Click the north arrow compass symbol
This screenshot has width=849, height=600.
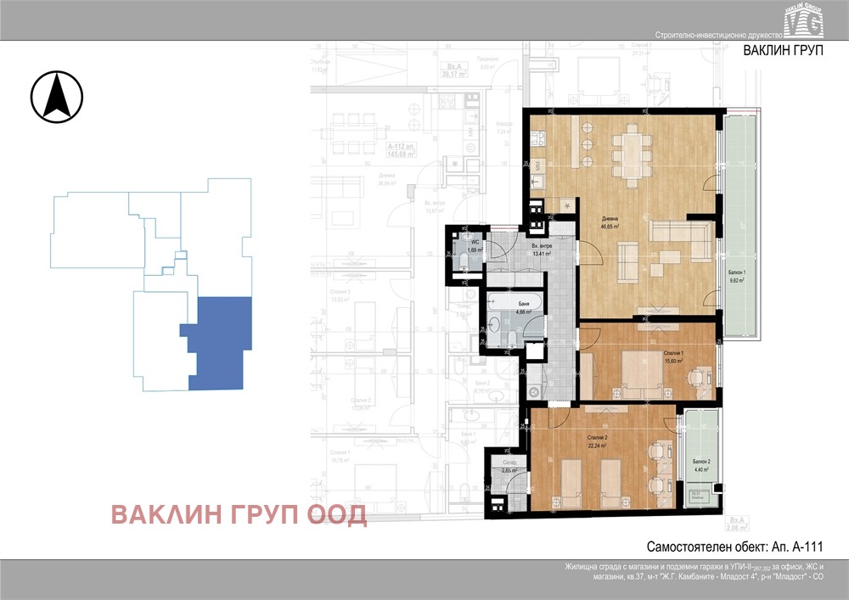coord(57,96)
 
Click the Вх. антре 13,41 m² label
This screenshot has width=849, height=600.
coord(541,249)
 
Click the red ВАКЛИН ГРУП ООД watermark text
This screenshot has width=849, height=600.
coord(239,514)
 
